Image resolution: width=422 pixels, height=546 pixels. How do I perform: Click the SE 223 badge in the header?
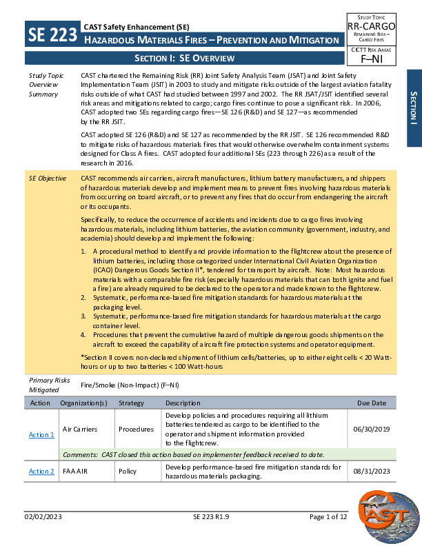tap(52, 34)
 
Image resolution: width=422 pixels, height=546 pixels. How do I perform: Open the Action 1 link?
tap(41, 434)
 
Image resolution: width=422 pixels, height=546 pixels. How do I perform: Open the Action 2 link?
tap(41, 472)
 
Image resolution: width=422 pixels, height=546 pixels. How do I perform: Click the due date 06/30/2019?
tap(371, 429)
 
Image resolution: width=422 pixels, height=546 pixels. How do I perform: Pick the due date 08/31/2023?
tap(371, 472)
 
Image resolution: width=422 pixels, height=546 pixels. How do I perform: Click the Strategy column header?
tap(131, 403)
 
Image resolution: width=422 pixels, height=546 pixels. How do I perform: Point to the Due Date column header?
tap(372, 403)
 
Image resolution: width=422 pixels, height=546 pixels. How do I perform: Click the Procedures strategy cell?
tap(136, 429)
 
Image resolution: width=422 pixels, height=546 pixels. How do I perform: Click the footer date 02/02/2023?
tap(43, 535)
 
